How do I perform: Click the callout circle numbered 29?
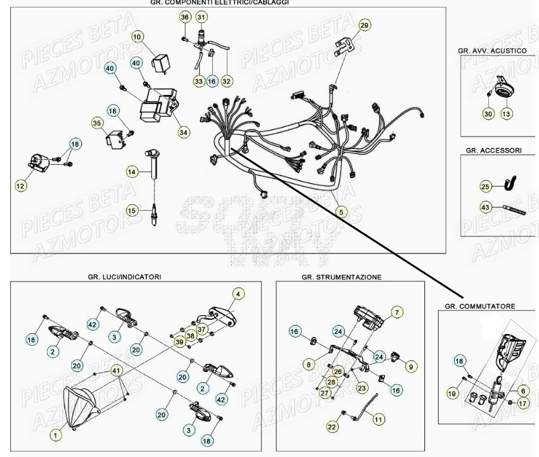pyautogui.click(x=364, y=25)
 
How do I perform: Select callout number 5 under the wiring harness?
pyautogui.click(x=341, y=212)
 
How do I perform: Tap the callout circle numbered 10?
pyautogui.click(x=137, y=37)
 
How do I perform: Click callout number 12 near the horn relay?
pyautogui.click(x=22, y=186)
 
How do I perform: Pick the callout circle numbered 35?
pyautogui.click(x=97, y=123)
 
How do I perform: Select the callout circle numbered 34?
pyautogui.click(x=184, y=132)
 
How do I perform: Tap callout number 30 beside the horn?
pyautogui.click(x=487, y=113)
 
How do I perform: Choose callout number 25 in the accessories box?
pyautogui.click(x=485, y=186)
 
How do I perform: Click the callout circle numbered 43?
pyautogui.click(x=485, y=207)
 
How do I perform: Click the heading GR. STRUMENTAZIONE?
pyautogui.click(x=341, y=277)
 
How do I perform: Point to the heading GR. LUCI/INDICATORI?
pyautogui.click(x=124, y=277)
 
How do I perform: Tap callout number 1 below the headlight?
pyautogui.click(x=57, y=435)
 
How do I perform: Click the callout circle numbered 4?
pyautogui.click(x=238, y=293)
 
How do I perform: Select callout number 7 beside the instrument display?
pyautogui.click(x=396, y=312)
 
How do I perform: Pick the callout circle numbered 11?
pyautogui.click(x=378, y=419)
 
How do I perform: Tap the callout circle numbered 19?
pyautogui.click(x=452, y=394)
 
